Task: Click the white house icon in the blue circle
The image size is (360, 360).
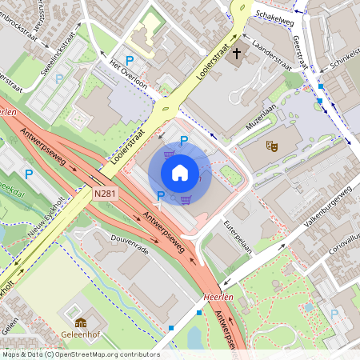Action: tap(180, 172)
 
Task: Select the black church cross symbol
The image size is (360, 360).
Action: tap(236, 54)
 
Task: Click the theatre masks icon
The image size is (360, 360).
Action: tap(272, 146)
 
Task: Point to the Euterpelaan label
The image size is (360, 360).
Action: tap(238, 236)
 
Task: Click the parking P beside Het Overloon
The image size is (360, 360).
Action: tap(129, 59)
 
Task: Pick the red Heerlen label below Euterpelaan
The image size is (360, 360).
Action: tap(218, 295)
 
